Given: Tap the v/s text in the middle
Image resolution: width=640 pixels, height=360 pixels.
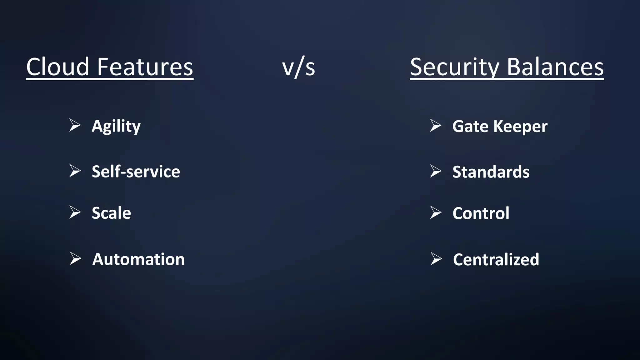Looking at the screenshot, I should tap(298, 67).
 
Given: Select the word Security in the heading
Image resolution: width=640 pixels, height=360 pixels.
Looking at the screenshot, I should tap(454, 67).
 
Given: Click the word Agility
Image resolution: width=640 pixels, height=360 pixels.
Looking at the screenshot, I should tap(116, 127).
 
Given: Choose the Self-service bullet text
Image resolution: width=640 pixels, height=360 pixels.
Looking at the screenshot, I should tap(136, 172).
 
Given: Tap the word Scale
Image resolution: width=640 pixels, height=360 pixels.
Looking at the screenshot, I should tap(111, 213).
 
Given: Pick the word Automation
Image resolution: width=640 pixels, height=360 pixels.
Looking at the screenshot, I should tap(138, 259).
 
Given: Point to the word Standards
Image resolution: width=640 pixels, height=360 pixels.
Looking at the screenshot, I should tap(491, 172).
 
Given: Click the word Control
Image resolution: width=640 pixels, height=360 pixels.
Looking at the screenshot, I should tap(481, 213).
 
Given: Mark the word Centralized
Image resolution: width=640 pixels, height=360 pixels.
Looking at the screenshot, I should tap(496, 260).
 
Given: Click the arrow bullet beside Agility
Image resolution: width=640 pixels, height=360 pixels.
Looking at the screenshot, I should tap(75, 125).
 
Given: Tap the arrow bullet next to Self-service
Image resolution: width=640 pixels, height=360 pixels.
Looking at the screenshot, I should tap(75, 171).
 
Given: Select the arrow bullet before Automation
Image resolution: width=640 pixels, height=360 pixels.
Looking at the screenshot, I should tap(75, 259).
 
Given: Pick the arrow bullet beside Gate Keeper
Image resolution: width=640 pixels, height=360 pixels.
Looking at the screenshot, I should tap(435, 125).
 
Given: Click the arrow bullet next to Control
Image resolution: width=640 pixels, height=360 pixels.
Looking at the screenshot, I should tap(435, 212).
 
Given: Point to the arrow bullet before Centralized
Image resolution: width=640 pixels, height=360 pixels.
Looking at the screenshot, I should tap(436, 259).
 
